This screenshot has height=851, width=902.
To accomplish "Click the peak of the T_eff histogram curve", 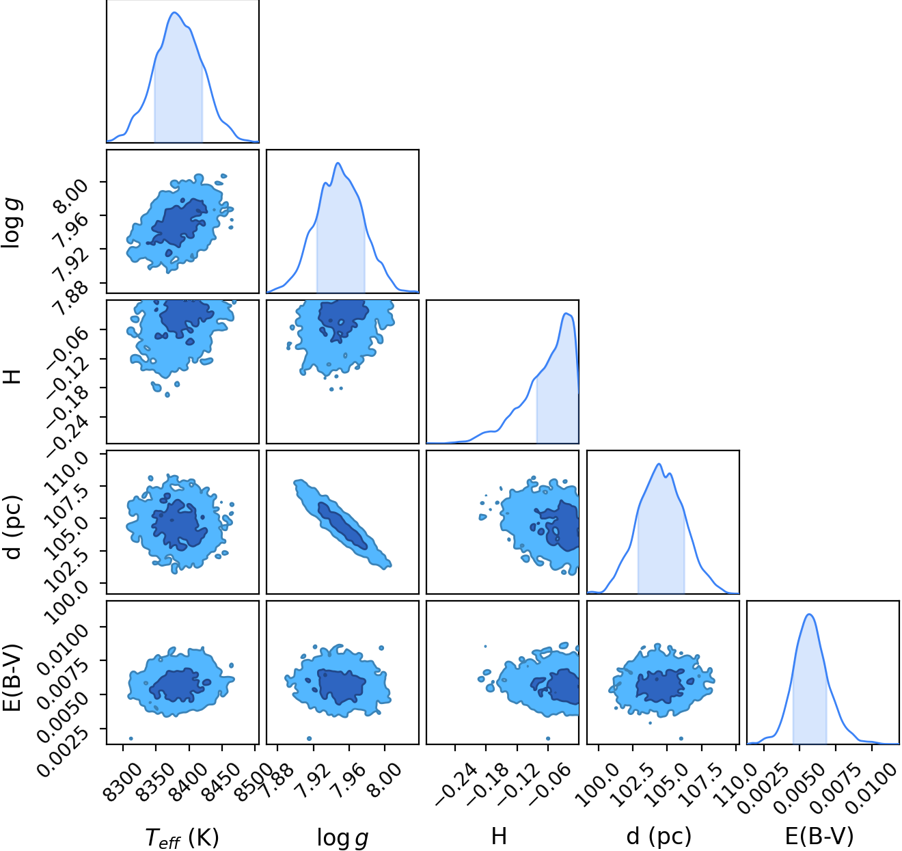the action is click(x=175, y=12).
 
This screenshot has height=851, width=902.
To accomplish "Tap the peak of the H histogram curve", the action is click(x=566, y=313).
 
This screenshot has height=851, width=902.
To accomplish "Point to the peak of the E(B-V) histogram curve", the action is click(x=809, y=614).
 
